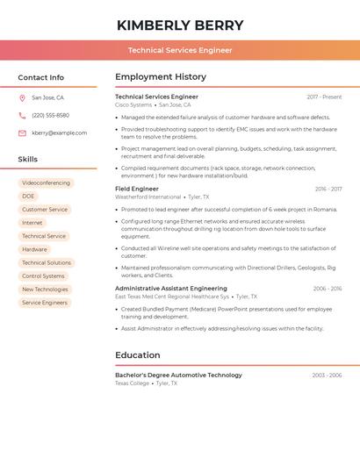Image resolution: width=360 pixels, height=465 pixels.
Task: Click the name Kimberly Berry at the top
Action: click(x=180, y=25)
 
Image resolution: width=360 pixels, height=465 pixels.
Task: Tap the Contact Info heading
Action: click(x=41, y=77)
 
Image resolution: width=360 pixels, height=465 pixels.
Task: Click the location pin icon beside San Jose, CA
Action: click(x=22, y=97)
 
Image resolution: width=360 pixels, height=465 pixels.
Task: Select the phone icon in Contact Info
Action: click(x=22, y=115)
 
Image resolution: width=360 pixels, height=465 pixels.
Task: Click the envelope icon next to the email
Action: click(x=22, y=133)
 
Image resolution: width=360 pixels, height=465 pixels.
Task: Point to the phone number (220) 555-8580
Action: click(x=50, y=115)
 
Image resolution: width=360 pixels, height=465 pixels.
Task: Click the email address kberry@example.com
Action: click(x=59, y=133)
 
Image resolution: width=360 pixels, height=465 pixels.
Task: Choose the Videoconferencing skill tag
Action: click(x=46, y=183)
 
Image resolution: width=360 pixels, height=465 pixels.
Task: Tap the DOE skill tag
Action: click(x=28, y=197)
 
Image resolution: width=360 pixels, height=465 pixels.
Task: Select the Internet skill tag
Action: click(x=32, y=223)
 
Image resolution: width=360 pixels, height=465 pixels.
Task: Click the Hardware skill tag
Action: click(x=34, y=249)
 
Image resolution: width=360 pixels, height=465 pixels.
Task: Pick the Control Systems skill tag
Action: click(x=43, y=276)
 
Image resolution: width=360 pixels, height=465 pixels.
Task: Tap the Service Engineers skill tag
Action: click(x=45, y=303)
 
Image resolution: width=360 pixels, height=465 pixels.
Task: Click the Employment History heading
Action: click(x=161, y=77)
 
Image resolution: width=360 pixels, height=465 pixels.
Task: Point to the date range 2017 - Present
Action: click(x=324, y=97)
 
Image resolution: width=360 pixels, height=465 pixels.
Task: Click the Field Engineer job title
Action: click(x=137, y=189)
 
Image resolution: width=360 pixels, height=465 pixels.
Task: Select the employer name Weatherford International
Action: click(x=148, y=197)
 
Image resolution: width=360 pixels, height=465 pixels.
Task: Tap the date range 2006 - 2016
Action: click(x=328, y=289)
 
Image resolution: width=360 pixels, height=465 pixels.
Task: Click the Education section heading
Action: click(x=138, y=355)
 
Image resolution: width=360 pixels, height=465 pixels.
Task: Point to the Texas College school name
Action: click(x=132, y=383)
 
